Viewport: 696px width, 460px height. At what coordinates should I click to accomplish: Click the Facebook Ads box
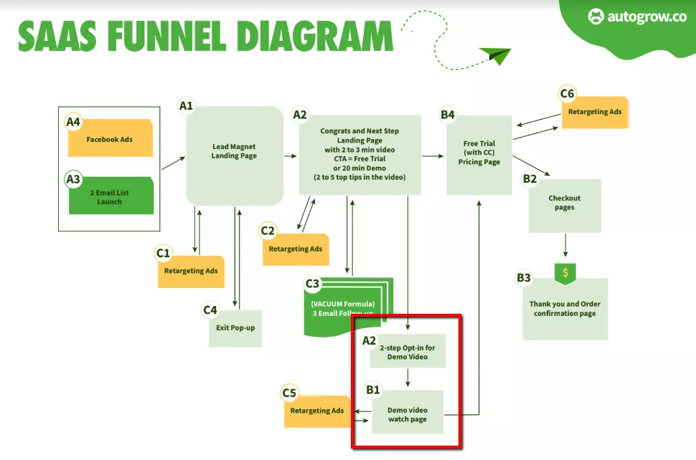(x=110, y=139)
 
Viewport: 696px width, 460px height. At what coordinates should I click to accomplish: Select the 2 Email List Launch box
(x=110, y=197)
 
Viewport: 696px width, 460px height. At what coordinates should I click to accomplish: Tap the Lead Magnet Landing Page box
(x=234, y=152)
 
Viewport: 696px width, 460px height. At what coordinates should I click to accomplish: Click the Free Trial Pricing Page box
(x=479, y=153)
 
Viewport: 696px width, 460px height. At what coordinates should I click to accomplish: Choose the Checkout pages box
(x=565, y=203)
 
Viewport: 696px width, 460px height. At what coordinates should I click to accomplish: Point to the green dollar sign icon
(x=566, y=273)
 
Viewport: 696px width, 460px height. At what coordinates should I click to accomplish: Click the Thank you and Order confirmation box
(x=565, y=309)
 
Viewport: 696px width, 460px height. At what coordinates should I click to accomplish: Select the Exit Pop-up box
(x=235, y=328)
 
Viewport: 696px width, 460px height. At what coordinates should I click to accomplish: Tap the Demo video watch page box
(x=408, y=414)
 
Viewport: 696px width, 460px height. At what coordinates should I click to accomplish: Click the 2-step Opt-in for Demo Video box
(x=408, y=352)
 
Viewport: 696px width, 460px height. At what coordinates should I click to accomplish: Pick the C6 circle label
(x=567, y=94)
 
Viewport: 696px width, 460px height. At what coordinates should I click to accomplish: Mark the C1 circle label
(x=164, y=252)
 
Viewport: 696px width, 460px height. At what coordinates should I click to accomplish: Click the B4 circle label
(x=448, y=114)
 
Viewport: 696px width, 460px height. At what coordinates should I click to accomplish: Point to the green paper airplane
(x=494, y=55)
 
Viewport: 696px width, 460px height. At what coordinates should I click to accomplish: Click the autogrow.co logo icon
(x=596, y=16)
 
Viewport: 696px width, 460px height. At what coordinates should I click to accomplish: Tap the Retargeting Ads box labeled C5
(x=316, y=411)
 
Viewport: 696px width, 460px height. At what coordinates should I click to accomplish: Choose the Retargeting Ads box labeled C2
(x=296, y=249)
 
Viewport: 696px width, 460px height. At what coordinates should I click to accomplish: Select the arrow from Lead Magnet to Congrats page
(x=291, y=155)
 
